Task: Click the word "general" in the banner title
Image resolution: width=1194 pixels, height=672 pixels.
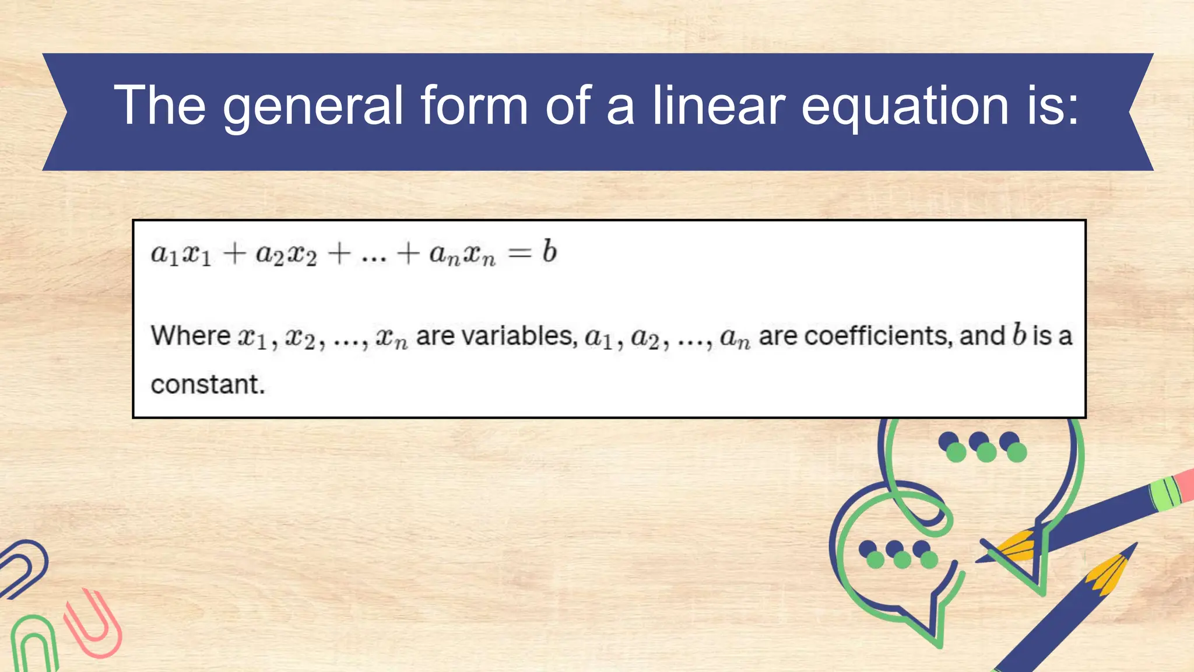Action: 313,106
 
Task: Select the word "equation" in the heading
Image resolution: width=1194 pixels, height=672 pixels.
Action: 905,106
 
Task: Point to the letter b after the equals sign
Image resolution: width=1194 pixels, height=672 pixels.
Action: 549,251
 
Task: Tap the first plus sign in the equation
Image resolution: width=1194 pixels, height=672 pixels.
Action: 234,254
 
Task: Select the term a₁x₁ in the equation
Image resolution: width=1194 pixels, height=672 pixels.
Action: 181,254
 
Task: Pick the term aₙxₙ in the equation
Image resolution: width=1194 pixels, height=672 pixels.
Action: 462,254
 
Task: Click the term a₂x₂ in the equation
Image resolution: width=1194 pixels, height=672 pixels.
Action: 286,254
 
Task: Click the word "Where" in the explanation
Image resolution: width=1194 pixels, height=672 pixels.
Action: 191,335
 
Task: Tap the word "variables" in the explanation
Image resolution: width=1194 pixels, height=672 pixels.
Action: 496,336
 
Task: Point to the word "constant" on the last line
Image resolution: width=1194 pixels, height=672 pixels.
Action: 207,384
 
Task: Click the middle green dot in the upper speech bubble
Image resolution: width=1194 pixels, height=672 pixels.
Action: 986,453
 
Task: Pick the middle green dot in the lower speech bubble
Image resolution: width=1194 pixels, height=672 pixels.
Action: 902,560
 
